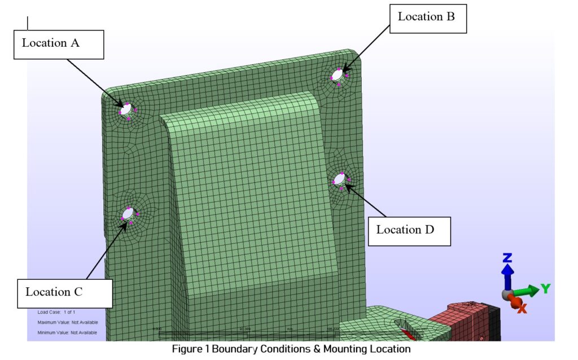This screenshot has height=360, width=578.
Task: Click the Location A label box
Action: click(x=59, y=44)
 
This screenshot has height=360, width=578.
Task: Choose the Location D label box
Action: click(x=409, y=230)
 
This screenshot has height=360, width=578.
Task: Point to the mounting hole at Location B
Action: click(x=338, y=74)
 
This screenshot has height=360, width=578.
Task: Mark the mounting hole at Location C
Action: click(x=128, y=214)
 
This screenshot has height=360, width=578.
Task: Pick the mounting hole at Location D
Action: click(x=339, y=179)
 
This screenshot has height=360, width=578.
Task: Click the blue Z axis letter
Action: click(x=507, y=259)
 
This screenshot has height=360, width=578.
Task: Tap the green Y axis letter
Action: click(x=545, y=288)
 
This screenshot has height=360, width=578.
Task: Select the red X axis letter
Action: click(x=522, y=308)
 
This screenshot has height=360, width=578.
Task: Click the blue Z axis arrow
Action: click(x=508, y=276)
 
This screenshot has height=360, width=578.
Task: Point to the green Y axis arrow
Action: click(x=527, y=291)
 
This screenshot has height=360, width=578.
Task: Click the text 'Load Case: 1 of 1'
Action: click(x=56, y=312)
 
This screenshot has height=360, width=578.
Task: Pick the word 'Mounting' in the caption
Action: click(x=345, y=349)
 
